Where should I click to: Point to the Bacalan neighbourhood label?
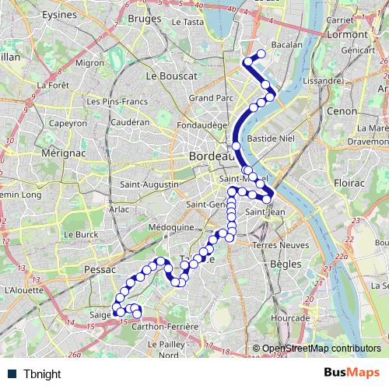[x=287, y=46]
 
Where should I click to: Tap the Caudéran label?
[x=129, y=122]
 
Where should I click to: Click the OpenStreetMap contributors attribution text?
[x=321, y=349]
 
